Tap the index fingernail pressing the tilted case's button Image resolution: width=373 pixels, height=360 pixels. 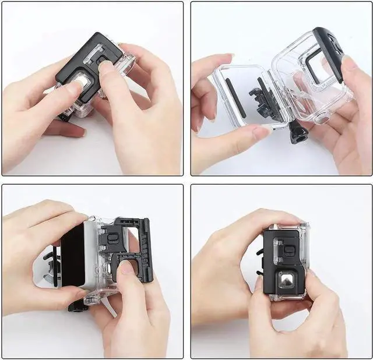point(105,67)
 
